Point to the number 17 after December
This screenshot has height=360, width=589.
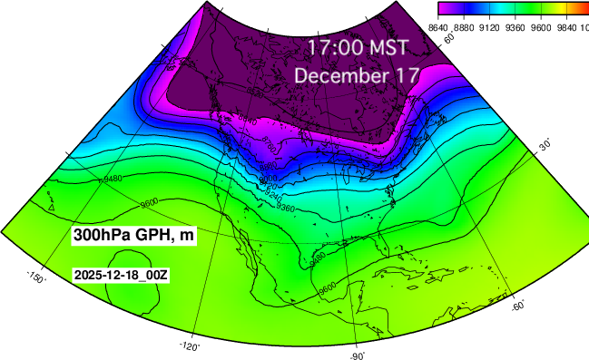(398, 75)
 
